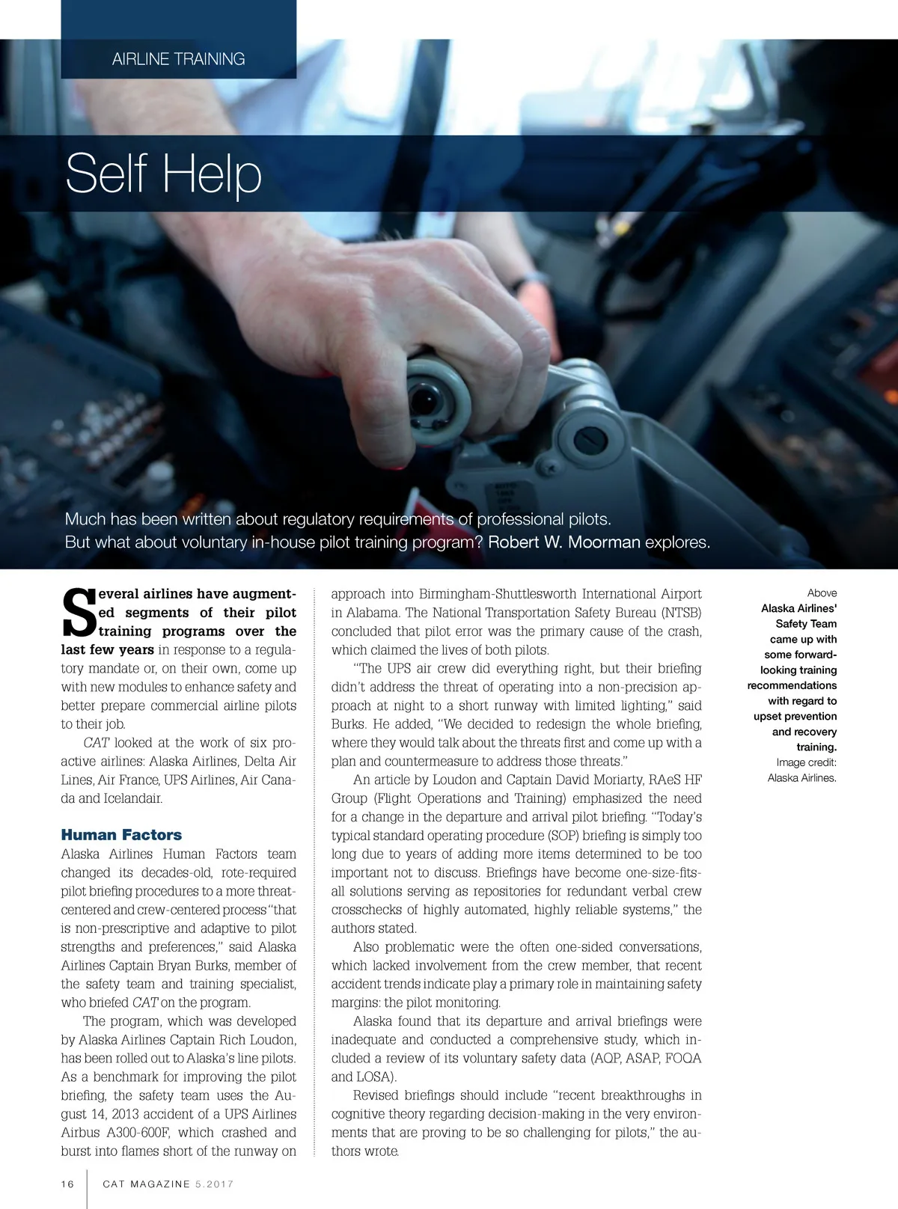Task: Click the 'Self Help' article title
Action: [163, 174]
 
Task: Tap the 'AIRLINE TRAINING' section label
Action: [178, 59]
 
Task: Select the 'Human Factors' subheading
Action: [121, 835]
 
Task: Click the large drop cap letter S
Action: [78, 613]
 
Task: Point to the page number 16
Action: [68, 1184]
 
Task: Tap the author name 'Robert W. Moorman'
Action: [563, 542]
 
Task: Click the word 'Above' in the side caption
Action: [822, 593]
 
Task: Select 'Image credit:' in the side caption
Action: [806, 762]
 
